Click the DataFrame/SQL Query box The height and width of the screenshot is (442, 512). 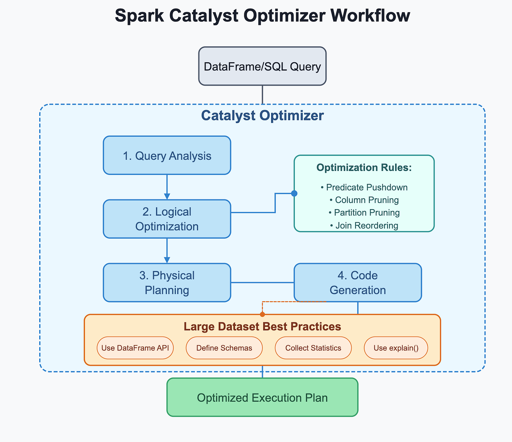pyautogui.click(x=262, y=66)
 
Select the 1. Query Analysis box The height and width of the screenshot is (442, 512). pyautogui.click(x=167, y=156)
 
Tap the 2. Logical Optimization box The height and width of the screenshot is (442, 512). pyautogui.click(x=167, y=219)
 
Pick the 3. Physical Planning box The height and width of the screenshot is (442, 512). pyautogui.click(x=167, y=282)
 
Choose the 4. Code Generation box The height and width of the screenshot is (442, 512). pyautogui.click(x=357, y=282)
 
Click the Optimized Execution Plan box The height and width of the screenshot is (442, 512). pyautogui.click(x=262, y=397)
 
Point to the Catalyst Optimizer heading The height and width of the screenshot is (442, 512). pyautogui.click(x=262, y=116)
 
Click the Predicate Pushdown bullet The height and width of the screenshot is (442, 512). pyautogui.click(x=364, y=187)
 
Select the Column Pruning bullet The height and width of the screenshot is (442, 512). pyautogui.click(x=364, y=200)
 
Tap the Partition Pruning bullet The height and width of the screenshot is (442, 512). pyautogui.click(x=364, y=213)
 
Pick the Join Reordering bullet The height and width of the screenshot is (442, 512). pyautogui.click(x=364, y=225)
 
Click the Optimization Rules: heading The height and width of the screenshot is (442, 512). pyautogui.click(x=364, y=168)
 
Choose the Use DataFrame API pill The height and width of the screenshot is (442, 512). pyautogui.click(x=135, y=348)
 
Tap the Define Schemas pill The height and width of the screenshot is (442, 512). pyautogui.click(x=224, y=348)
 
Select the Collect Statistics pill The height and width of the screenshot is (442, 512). pyautogui.click(x=313, y=348)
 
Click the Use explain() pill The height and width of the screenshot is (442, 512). pyautogui.click(x=396, y=348)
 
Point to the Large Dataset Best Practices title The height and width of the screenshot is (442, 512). pyautogui.click(x=262, y=326)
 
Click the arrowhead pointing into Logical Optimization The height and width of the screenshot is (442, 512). pyautogui.click(x=167, y=196)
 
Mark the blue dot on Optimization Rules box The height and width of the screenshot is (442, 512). pyautogui.click(x=294, y=193)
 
